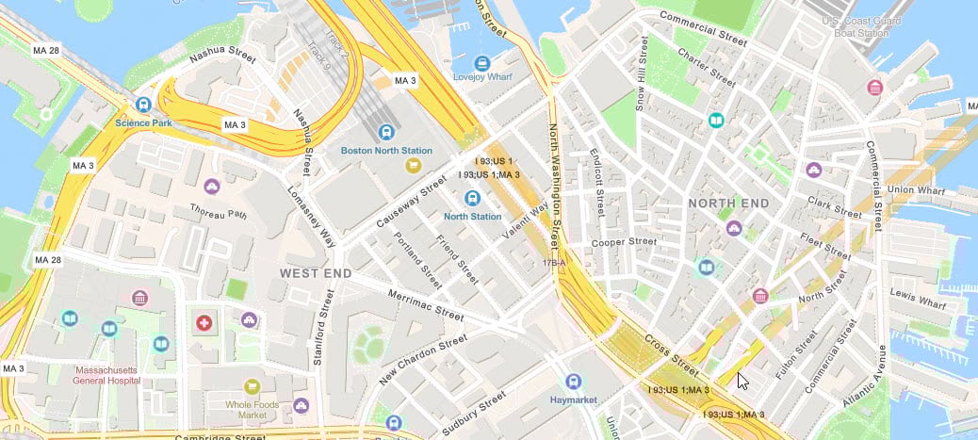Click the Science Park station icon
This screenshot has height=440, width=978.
[x=143, y=105]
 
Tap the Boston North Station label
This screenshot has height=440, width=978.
[x=386, y=151]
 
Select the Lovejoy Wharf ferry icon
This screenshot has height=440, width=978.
[x=482, y=63]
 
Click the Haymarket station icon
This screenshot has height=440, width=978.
[x=573, y=382]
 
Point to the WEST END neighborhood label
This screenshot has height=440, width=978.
[x=316, y=273]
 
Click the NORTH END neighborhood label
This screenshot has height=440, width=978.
[x=728, y=204]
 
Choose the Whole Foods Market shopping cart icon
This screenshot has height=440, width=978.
[x=252, y=386]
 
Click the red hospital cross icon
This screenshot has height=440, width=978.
[x=203, y=323]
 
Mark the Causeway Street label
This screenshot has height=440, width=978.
[x=411, y=200]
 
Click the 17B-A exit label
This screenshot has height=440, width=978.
[x=553, y=263]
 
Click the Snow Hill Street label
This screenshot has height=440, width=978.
[x=642, y=74]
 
